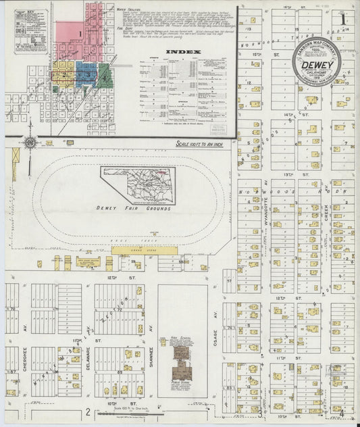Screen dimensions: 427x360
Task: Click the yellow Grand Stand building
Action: [x=134, y=250]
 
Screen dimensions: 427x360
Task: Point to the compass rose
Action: [x=30, y=143]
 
